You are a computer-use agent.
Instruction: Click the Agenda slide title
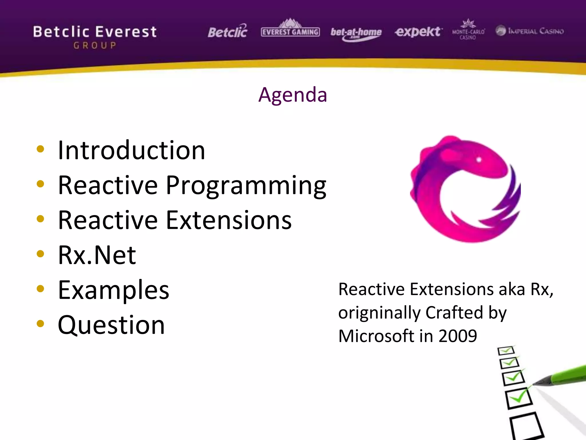pyautogui.click(x=292, y=95)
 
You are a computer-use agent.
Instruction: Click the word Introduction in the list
pyautogui.click(x=131, y=150)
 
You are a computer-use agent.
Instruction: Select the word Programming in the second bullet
pyautogui.click(x=246, y=186)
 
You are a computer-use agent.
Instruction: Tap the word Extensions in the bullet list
pyautogui.click(x=229, y=220)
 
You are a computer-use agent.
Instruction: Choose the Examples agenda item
pyautogui.click(x=114, y=290)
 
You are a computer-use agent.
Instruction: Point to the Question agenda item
pyautogui.click(x=111, y=325)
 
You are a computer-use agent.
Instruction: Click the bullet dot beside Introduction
pyautogui.click(x=40, y=149)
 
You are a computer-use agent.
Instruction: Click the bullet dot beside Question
pyautogui.click(x=40, y=324)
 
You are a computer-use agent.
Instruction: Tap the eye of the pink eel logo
pyautogui.click(x=479, y=160)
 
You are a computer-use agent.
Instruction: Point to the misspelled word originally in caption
pyautogui.click(x=379, y=313)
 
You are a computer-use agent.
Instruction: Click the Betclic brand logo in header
pyautogui.click(x=227, y=32)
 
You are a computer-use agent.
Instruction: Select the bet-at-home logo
pyautogui.click(x=356, y=33)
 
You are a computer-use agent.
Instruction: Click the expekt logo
pyautogui.click(x=418, y=32)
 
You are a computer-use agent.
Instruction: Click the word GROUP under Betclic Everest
pyautogui.click(x=95, y=46)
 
